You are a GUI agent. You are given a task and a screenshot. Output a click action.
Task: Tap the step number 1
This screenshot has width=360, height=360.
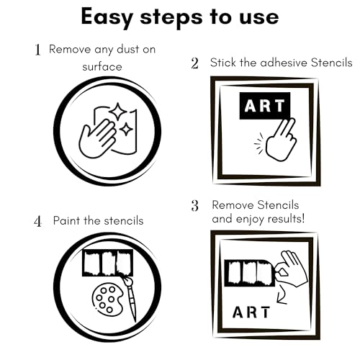tap(37, 50)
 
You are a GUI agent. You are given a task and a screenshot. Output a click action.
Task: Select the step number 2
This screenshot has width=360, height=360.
tap(195, 63)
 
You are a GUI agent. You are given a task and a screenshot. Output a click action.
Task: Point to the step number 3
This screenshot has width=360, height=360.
tap(195, 206)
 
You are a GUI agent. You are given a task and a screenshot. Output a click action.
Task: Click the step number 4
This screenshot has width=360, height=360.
tap(37, 221)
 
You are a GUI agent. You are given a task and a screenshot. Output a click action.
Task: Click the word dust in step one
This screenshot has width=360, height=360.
tap(125, 50)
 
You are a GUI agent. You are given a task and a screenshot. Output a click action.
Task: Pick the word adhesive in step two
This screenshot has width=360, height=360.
tap(284, 63)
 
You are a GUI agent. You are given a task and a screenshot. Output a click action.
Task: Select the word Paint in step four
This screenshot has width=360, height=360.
tap(67, 220)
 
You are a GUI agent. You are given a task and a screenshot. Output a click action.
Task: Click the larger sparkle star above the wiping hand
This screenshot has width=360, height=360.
tap(117, 112)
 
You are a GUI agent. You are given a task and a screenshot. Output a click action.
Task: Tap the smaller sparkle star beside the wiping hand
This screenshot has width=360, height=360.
tap(126, 130)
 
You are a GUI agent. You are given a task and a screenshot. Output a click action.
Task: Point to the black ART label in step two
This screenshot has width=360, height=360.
tap(265, 106)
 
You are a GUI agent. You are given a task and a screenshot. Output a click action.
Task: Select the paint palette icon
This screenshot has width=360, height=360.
tap(107, 300)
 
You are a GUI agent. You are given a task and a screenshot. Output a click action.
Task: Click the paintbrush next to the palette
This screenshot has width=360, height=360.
tap(130, 298)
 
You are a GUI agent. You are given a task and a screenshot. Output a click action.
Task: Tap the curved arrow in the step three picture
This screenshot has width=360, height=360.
tap(282, 296)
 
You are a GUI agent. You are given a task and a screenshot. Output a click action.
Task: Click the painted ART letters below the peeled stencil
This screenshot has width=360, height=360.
tap(251, 312)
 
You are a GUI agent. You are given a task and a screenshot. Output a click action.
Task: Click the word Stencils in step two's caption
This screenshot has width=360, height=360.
tap(332, 63)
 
